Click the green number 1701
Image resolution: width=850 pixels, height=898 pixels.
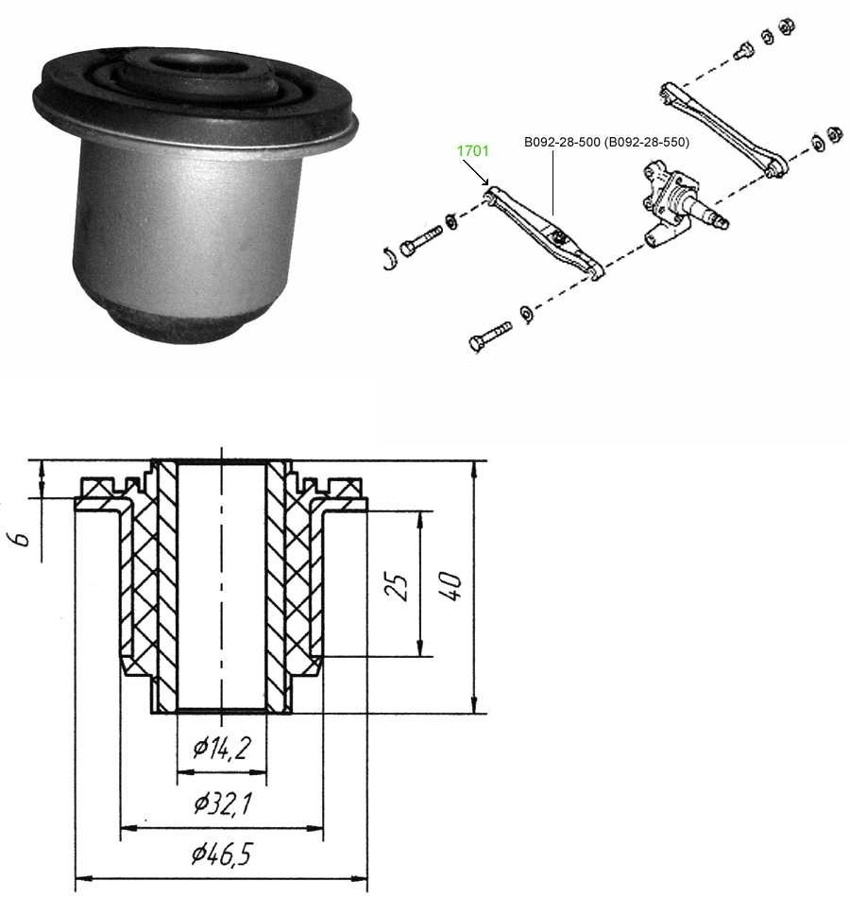tap(473, 149)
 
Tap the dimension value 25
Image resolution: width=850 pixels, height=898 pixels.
tap(399, 586)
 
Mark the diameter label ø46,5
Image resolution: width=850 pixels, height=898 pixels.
tap(222, 855)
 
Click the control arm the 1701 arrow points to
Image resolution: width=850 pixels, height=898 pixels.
tap(543, 231)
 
